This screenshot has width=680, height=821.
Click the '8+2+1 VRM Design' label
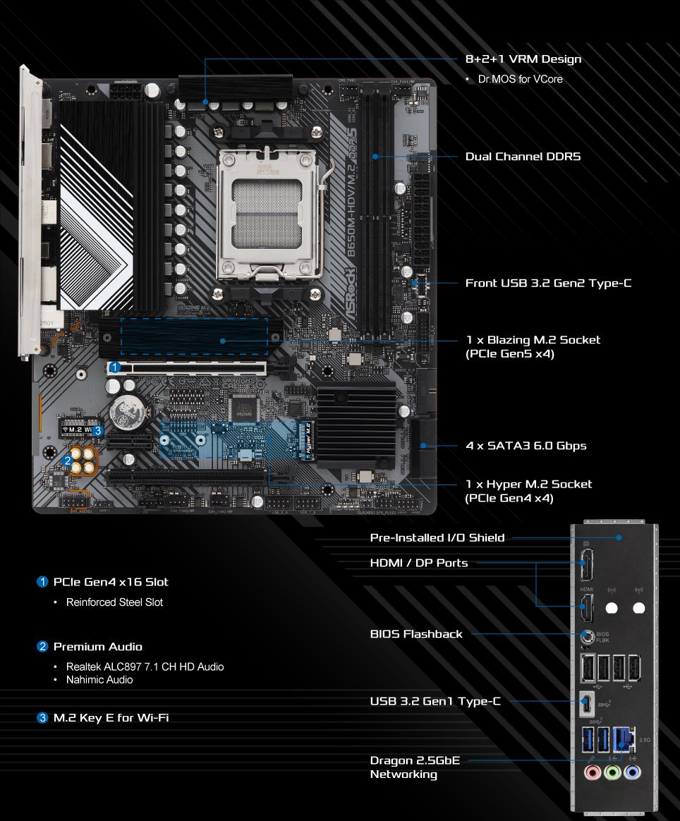pos(523,59)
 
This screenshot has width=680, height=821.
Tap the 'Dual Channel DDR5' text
pos(523,157)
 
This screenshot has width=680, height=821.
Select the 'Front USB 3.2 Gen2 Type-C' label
pos(548,284)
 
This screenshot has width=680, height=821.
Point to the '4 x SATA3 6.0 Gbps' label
pos(526,446)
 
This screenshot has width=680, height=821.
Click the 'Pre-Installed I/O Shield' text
pos(437,538)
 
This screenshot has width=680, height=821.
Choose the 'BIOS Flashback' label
pos(416,634)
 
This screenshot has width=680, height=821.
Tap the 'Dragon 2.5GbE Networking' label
pos(416,767)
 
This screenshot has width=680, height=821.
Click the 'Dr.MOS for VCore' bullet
pos(520,79)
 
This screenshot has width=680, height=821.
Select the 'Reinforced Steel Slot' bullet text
pos(114,602)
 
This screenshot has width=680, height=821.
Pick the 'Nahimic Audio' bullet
pos(99,680)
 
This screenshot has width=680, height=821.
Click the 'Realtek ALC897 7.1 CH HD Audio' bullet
pos(145,667)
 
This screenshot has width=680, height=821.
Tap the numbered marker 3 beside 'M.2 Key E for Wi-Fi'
pos(42,718)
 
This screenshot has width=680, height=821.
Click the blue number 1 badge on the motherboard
pos(114,367)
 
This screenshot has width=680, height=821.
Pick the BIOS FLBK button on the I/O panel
pos(588,637)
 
